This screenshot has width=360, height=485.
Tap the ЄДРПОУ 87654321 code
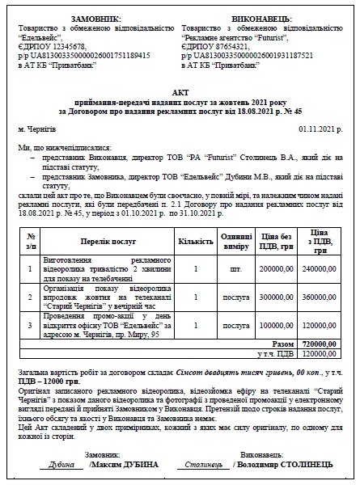pyautogui.click(x=215, y=47)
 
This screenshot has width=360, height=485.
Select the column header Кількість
pyautogui.click(x=196, y=241)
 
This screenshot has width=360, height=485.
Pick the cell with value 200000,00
pyautogui.click(x=277, y=268)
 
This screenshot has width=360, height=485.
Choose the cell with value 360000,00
pyautogui.click(x=319, y=297)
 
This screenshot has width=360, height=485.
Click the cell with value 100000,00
pyautogui.click(x=277, y=325)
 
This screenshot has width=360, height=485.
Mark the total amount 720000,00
pyautogui.click(x=319, y=344)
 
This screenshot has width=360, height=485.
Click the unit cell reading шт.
pyautogui.click(x=235, y=268)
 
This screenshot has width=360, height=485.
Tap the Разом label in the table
pyautogui.click(x=283, y=344)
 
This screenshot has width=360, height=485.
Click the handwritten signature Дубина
pyautogui.click(x=61, y=465)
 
